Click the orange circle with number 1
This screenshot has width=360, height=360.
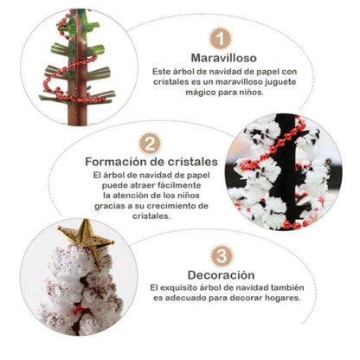222,39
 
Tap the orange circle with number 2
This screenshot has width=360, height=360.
151,144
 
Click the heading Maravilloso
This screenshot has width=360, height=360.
222,60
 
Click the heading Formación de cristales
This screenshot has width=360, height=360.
150,162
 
